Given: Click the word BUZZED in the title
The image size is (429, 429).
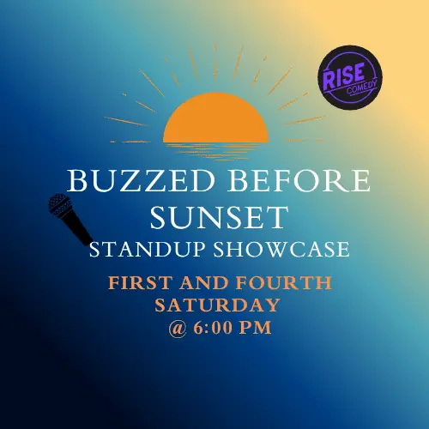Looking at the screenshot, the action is click(141, 181).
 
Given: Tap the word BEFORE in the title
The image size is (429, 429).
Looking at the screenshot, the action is click(299, 181).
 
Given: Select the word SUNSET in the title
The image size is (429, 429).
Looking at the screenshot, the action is click(220, 217).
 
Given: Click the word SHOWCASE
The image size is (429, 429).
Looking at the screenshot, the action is click(281, 249).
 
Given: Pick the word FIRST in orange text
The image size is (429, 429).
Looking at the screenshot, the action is click(141, 283).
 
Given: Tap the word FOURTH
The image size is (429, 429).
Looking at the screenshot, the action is click(284, 283).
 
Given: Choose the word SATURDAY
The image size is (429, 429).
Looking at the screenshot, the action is click(217, 305).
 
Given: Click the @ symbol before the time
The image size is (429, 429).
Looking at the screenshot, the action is click(178, 329).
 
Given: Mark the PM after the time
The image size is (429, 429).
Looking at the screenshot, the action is click(255, 328).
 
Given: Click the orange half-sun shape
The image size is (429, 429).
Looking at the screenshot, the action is click(215, 118).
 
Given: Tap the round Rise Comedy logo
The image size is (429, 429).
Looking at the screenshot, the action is click(350, 77).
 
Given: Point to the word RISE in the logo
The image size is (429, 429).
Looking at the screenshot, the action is click(344, 76).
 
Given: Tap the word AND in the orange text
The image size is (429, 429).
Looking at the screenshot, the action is click(204, 283).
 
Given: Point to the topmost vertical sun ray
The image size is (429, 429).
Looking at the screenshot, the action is click(215, 62).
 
